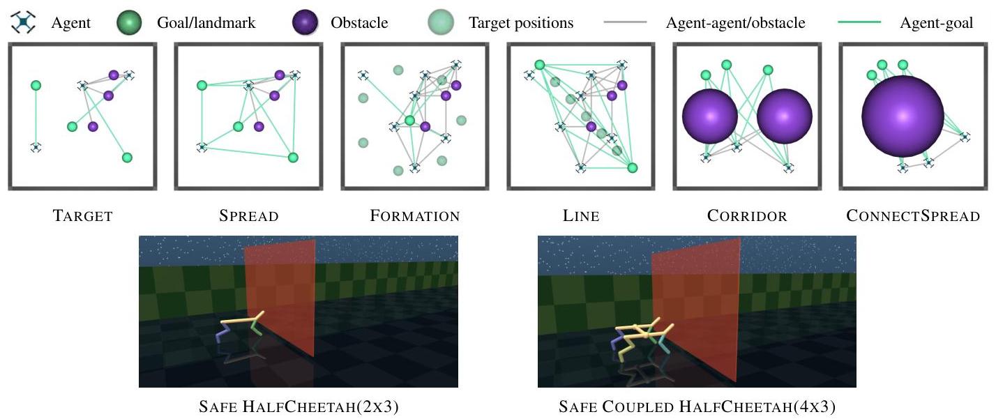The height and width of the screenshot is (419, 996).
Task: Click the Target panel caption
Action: click(82, 215)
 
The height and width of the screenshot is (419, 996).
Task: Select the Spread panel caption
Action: click(249, 215)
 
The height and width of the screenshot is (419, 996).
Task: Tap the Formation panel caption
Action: click(415, 215)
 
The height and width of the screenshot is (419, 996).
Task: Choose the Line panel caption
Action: click(581, 215)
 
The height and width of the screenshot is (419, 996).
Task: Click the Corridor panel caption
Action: click(747, 215)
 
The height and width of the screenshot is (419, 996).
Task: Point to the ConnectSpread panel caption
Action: click(913, 215)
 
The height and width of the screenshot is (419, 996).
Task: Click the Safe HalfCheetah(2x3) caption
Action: click(299, 406)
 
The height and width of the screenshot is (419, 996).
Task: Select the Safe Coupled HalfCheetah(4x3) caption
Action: click(697, 406)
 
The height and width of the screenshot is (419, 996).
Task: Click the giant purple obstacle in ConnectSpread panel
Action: click(903, 115)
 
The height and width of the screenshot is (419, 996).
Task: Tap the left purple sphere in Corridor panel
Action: click(710, 116)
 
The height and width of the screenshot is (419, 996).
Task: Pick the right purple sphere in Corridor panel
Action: click(785, 116)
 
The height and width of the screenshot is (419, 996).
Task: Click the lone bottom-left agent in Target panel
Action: click(36, 147)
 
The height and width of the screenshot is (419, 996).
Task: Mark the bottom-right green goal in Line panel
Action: click(633, 167)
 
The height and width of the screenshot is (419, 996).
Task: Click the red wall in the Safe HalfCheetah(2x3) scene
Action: click(282, 293)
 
